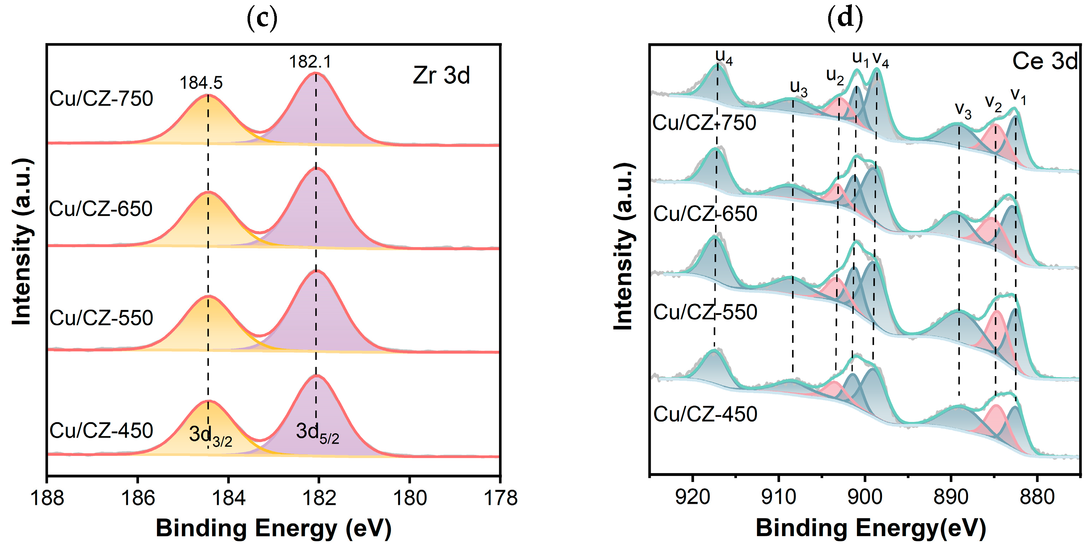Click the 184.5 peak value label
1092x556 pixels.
tap(201, 83)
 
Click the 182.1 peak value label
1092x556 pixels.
tap(310, 62)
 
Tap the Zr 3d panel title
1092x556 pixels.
tap(441, 75)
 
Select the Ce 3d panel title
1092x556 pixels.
tap(1045, 62)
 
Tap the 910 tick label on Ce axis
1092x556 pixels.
tap(779, 496)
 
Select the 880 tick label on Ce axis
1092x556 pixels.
tap(1037, 496)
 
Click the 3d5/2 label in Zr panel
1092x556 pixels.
tap(317, 433)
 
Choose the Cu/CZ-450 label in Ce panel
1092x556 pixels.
tap(705, 414)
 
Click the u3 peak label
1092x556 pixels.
tap(798, 88)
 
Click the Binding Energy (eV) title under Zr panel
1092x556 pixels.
tap(273, 528)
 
